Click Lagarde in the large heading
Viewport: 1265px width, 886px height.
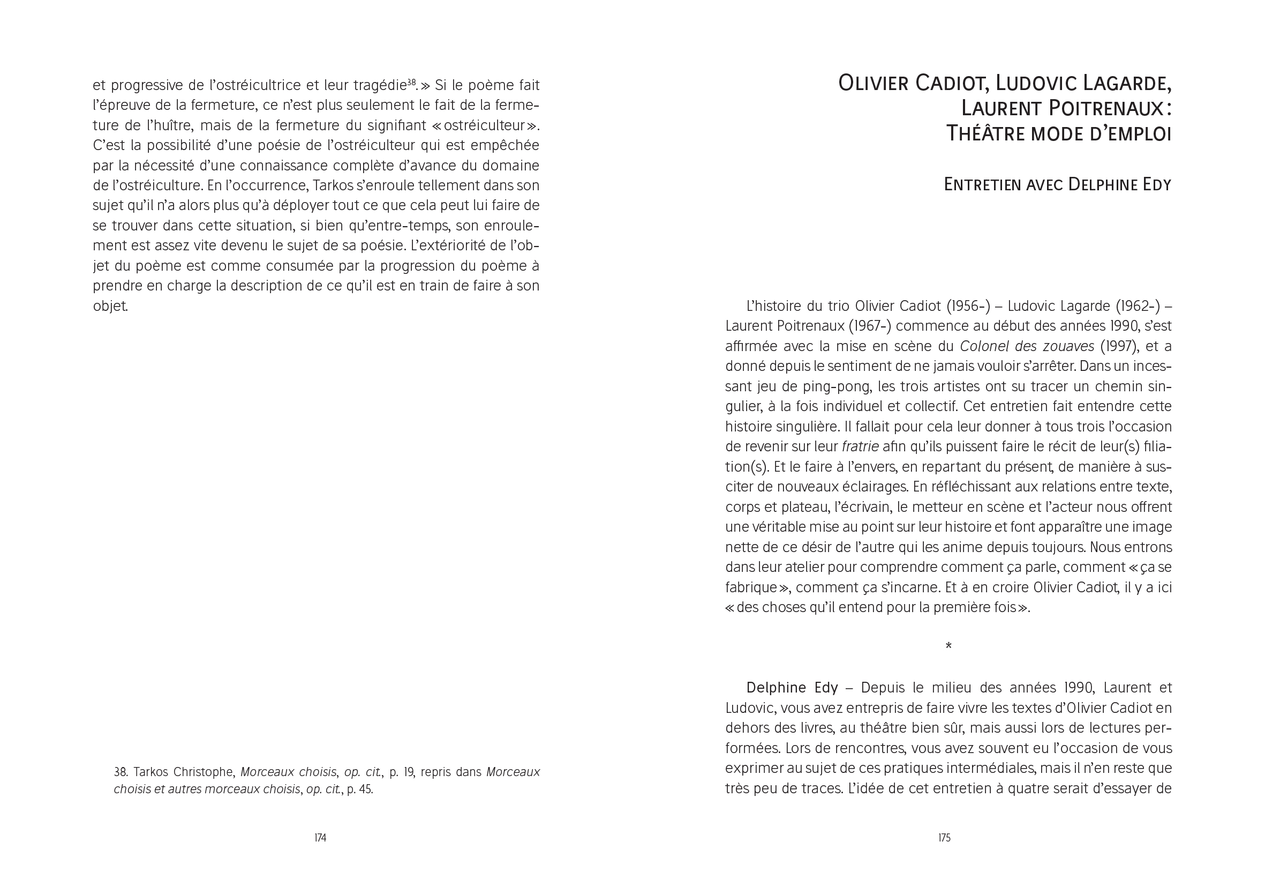[x=1127, y=83]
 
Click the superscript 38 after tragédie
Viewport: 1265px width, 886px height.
[x=411, y=82]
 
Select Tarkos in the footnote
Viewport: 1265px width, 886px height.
[x=152, y=772]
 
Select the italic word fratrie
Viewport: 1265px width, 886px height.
[x=860, y=446]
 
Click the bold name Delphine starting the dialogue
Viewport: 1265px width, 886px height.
[x=771, y=688]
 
